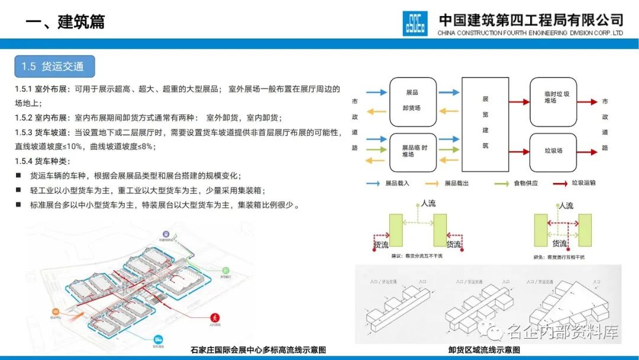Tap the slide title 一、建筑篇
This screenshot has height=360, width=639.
click(66, 22)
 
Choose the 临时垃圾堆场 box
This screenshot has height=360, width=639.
click(553, 97)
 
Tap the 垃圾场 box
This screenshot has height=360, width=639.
click(553, 151)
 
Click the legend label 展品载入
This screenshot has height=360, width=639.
click(397, 184)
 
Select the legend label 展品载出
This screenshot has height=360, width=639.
click(456, 184)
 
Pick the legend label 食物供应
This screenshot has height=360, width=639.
click(526, 184)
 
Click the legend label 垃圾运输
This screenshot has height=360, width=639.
click(584, 184)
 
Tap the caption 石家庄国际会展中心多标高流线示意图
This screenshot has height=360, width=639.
click(258, 350)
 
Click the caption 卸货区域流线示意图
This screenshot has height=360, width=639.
click(484, 350)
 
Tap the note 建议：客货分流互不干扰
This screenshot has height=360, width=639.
click(417, 256)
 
